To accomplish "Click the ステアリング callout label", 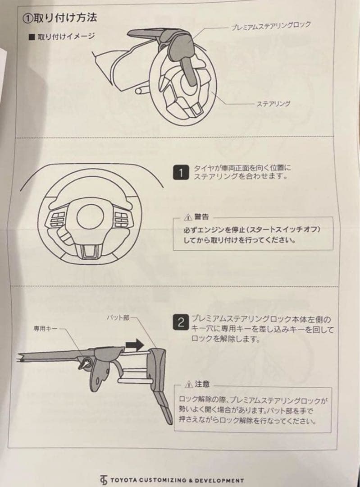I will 273,104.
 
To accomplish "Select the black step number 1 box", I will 181,173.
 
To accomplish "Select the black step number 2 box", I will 181,322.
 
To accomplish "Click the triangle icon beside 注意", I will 190,385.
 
